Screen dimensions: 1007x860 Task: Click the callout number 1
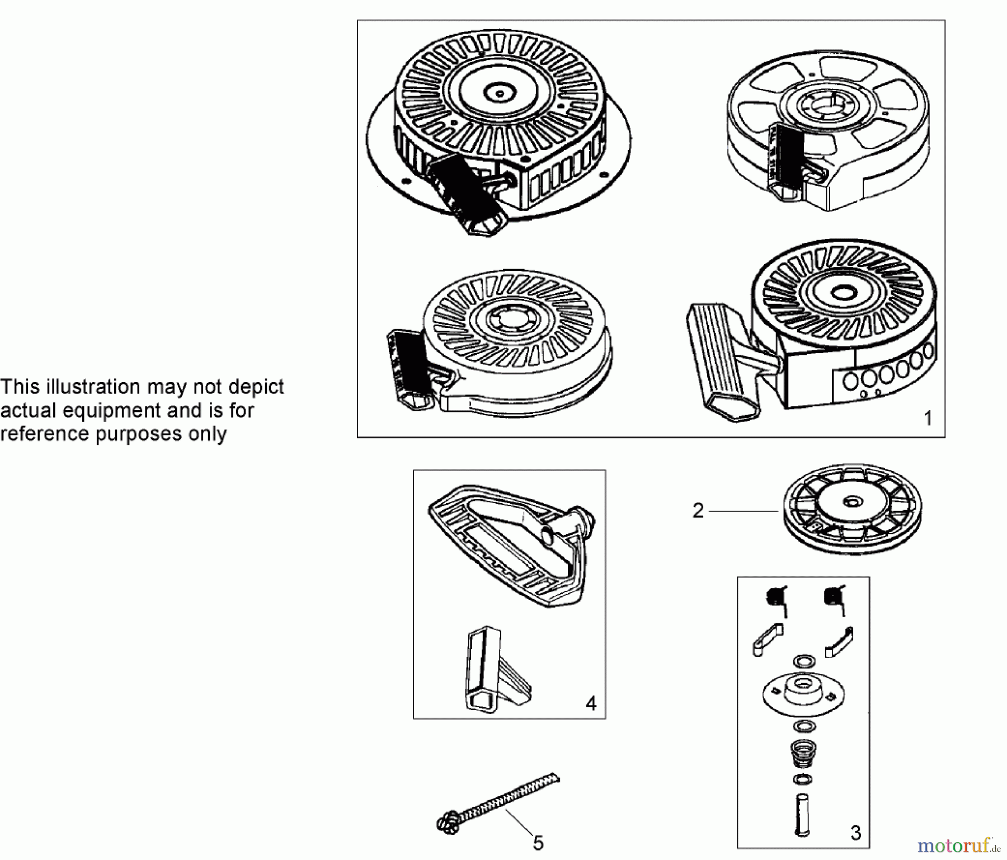pos(928,418)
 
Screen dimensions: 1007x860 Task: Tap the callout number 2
pos(698,511)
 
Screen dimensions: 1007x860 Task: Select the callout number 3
pos(856,833)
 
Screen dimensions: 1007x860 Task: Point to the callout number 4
pos(591,703)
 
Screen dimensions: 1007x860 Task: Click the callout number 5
pos(538,843)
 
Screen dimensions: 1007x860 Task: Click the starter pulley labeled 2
pos(853,509)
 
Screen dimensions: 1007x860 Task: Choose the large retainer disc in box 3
pos(803,692)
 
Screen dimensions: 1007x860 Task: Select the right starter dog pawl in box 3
pos(839,641)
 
